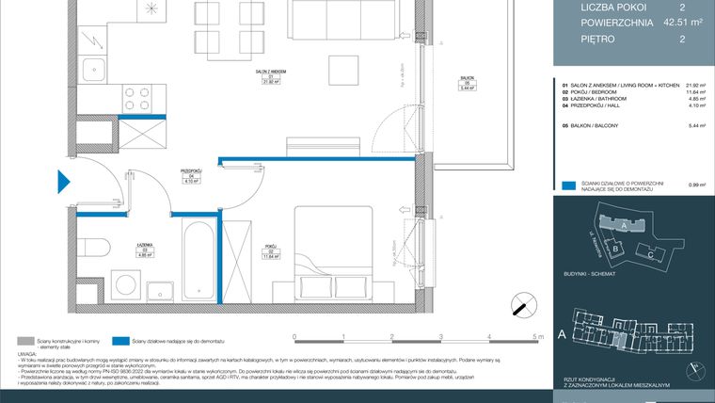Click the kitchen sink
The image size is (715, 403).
click(x=94, y=71)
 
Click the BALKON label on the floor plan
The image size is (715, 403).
click(x=467, y=79)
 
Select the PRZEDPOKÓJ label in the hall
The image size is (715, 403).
click(x=191, y=171)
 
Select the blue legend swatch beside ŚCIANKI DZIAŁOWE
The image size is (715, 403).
click(x=566, y=185)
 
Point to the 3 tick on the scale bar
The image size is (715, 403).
click(x=440, y=336)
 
